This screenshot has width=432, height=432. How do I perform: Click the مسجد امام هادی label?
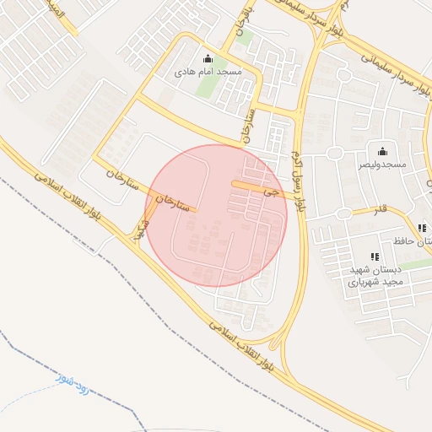click(208, 73)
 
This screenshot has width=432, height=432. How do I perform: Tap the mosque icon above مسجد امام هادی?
click(208, 59)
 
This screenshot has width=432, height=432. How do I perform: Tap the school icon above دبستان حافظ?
click(422, 228)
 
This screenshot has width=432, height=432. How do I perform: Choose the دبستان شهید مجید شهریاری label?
click(375, 275)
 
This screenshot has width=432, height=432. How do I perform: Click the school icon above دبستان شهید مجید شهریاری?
click(375, 256)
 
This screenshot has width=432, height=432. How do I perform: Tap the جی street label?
click(269, 192)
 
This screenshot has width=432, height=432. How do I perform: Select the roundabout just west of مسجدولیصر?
click(334, 153)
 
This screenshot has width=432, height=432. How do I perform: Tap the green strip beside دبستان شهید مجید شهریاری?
click(413, 265)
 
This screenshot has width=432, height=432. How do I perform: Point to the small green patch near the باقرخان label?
click(245, 37)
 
